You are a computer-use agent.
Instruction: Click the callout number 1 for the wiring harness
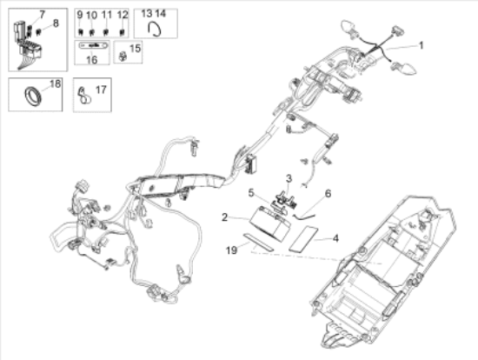coord(423,44)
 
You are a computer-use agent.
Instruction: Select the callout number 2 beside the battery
coord(224,217)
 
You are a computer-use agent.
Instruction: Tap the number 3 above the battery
coord(282,177)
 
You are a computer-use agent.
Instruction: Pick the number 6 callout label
coord(328,193)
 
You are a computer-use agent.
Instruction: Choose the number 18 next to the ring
coord(55,84)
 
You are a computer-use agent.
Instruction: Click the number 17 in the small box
coord(100,89)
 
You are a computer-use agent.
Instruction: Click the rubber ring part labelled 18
coord(30,93)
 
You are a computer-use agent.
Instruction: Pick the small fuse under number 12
coord(122,31)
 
